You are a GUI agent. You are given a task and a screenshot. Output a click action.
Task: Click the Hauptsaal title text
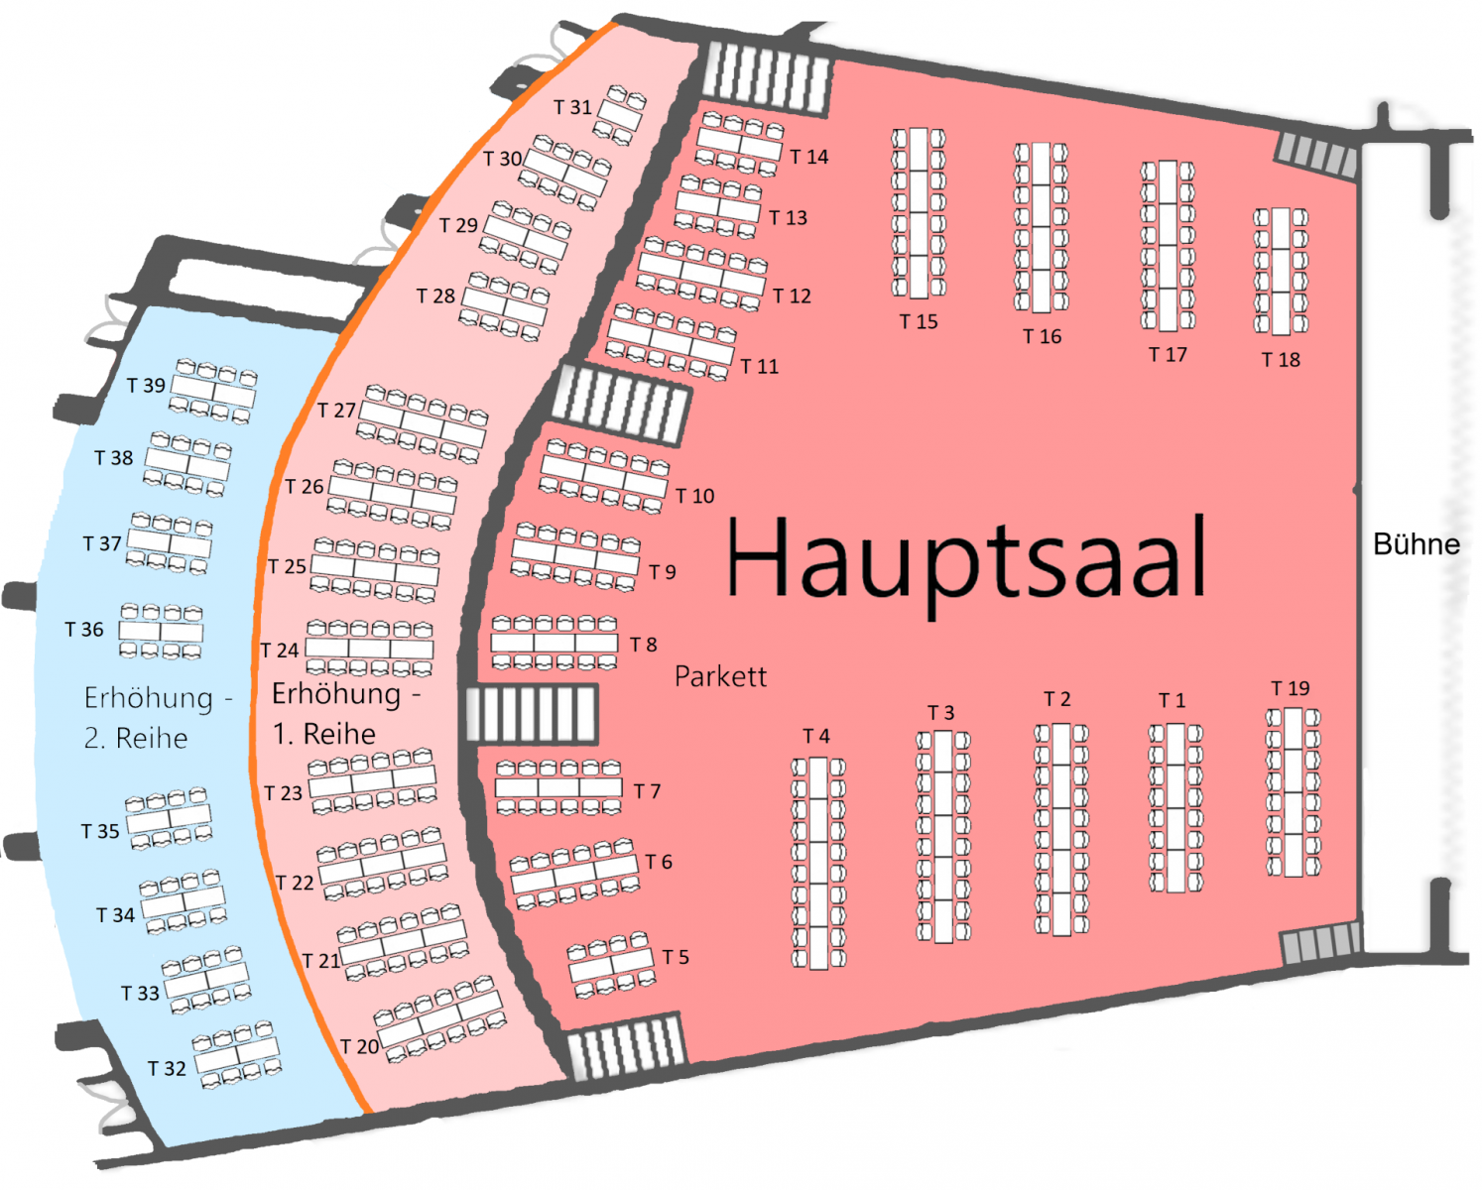coord(966,557)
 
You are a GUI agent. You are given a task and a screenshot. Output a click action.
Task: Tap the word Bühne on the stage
coord(1416,544)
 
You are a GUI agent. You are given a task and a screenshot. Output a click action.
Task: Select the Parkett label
coord(720,677)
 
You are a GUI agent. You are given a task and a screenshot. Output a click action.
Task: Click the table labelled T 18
coord(1281,271)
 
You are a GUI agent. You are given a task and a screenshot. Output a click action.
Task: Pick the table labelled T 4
coord(818,863)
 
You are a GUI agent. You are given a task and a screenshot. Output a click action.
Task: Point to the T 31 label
coord(572,107)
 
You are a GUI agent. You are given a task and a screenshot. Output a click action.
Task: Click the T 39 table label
coord(146,386)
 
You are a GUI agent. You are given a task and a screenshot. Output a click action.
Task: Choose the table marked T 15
coord(919,213)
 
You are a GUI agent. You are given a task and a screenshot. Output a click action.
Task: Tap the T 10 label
coord(694,496)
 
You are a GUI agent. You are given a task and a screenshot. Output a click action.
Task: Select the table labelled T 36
coord(161,632)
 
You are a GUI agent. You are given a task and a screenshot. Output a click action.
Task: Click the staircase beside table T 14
coord(765,77)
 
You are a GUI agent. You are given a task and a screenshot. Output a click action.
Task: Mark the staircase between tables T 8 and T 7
coord(532,714)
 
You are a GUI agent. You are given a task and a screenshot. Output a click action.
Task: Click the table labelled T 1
coord(1176,807)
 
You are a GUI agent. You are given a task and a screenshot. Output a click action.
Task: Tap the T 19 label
coord(1291,688)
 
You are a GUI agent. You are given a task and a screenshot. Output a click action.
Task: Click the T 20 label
coord(359,1047)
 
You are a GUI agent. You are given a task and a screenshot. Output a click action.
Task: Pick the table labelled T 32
coord(237,1054)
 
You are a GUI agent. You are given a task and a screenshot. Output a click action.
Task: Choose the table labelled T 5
coord(611,965)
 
